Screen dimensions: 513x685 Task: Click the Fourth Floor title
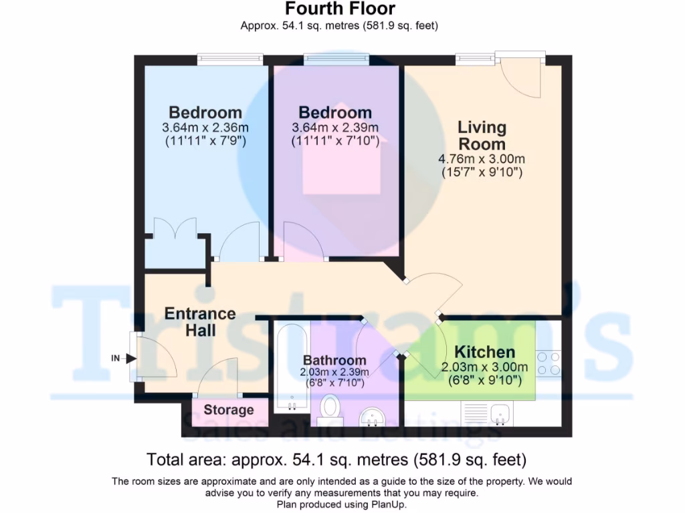(x=340, y=9)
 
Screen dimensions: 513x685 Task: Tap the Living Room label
(x=482, y=135)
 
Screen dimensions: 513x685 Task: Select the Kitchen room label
(x=485, y=352)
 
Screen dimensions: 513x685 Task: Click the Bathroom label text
(x=334, y=361)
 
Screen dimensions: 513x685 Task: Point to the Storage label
(x=229, y=410)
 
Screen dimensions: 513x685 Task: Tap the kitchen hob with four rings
(x=549, y=363)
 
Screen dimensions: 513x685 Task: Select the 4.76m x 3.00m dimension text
(x=482, y=159)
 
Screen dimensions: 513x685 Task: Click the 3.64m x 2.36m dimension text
(x=205, y=128)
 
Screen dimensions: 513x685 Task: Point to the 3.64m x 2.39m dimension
(x=335, y=128)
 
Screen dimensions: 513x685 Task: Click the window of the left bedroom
(x=229, y=60)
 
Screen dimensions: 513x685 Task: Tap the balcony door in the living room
(x=522, y=73)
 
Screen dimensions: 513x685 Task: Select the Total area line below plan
(x=336, y=460)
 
